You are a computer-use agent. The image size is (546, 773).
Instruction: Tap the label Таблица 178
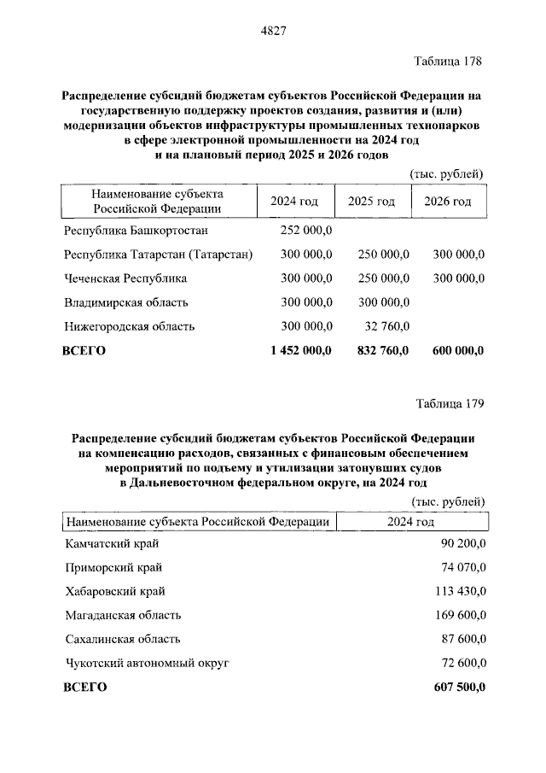(449, 61)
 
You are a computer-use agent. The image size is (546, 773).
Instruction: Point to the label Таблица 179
(450, 402)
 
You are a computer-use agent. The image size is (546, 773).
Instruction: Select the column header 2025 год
(371, 202)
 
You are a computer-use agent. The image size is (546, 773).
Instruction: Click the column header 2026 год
(448, 202)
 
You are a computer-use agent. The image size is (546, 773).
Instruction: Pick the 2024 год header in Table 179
(412, 523)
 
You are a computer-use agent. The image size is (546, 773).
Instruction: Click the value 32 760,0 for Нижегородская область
(386, 326)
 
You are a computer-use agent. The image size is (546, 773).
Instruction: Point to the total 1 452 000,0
(299, 350)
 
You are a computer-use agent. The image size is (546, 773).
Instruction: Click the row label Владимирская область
(126, 302)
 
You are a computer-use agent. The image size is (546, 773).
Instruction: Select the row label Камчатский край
(112, 543)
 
